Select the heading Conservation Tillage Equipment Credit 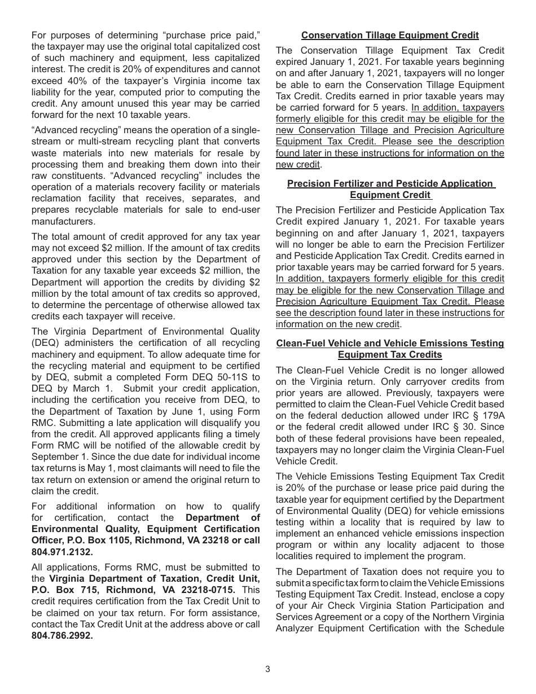tap(390, 36)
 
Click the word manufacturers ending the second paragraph tap(64, 221)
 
